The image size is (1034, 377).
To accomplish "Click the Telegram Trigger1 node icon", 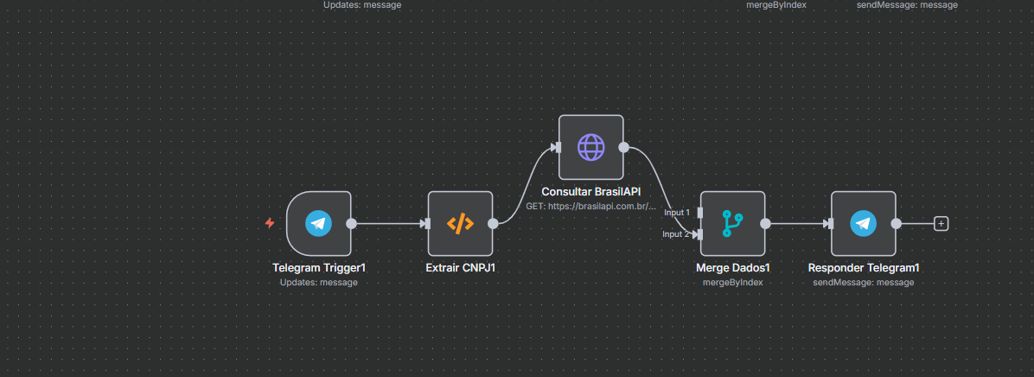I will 318,223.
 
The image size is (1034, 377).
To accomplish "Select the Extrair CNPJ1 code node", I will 460,223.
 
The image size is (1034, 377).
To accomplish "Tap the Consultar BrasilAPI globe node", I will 590,147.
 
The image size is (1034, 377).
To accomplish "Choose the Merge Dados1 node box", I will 732,223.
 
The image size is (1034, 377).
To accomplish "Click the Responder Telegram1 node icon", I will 863,223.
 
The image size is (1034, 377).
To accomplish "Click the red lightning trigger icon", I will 270,223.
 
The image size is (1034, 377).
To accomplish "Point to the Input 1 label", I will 676,212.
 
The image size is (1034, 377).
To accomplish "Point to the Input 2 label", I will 676,234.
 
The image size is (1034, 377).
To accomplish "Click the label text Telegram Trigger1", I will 318,268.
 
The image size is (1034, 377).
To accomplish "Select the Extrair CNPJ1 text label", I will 460,268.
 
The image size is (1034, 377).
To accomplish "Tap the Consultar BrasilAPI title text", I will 591,191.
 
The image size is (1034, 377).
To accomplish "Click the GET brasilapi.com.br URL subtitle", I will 591,207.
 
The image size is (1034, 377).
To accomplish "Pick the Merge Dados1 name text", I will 732,268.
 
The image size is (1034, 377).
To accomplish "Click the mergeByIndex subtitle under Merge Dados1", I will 732,282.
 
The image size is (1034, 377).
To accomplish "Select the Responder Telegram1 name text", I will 863,268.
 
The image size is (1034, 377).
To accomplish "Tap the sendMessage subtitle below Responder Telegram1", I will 863,282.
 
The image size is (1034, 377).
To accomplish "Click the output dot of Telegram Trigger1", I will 351,223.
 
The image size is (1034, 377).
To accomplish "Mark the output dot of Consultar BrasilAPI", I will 623,147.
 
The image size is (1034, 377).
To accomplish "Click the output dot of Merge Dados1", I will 765,223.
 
